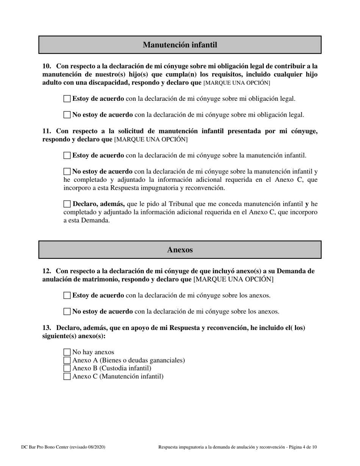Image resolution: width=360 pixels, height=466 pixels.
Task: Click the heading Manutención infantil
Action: coord(180,45)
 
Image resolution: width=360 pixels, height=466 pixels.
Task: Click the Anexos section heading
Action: coord(180,250)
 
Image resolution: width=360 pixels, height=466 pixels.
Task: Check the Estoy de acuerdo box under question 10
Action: coord(67,99)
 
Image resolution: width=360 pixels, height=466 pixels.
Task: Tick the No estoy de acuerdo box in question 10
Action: coord(67,115)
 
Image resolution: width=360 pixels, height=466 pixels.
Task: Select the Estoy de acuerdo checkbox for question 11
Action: coord(67,155)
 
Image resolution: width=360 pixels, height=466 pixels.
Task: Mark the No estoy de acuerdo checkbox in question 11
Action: coord(67,172)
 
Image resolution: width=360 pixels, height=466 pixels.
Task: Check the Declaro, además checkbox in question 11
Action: coord(67,204)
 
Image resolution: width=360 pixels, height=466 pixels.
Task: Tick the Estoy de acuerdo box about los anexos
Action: coord(67,296)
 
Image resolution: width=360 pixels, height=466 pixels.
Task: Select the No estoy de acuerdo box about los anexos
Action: coord(67,312)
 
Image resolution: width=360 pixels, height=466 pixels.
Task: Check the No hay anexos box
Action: coord(67,352)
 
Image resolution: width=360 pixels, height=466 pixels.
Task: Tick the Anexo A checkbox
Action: coord(67,360)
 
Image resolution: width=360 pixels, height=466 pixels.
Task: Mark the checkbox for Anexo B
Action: coord(67,368)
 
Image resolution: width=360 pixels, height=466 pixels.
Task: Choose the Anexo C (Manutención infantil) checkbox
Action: coord(67,377)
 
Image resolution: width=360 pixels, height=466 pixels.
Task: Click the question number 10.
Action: coord(46,66)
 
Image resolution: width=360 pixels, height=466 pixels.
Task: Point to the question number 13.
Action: coord(46,328)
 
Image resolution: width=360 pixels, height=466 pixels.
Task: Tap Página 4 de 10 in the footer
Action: coord(302,447)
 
